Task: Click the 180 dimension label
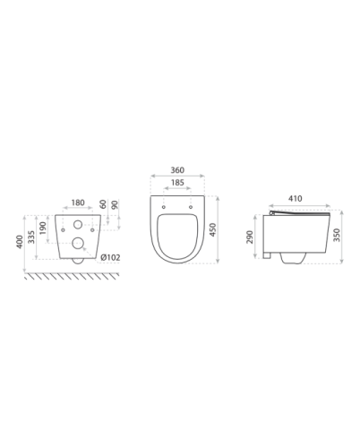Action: tap(78, 202)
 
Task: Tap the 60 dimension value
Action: tap(103, 204)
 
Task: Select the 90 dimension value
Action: tap(115, 205)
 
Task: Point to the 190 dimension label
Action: tap(43, 228)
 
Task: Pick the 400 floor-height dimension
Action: tap(20, 242)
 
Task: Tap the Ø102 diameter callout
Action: tap(110, 257)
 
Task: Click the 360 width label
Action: tap(177, 170)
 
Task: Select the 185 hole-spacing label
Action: tap(177, 183)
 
